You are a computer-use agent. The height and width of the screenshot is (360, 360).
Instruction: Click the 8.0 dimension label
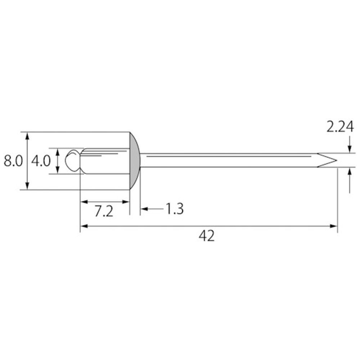13,161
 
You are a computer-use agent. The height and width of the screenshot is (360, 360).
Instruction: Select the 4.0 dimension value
41,161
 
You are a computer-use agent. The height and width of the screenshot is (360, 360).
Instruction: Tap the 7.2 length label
104,211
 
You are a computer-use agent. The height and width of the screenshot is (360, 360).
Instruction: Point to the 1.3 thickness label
175,209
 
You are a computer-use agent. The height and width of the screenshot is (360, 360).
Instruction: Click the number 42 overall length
207,236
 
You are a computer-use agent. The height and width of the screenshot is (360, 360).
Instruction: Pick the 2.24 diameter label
340,127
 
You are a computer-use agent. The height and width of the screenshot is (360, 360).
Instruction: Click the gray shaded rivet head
135,161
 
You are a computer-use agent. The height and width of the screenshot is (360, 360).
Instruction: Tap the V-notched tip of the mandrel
327,160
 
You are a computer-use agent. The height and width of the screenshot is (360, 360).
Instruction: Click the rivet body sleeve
105,161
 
